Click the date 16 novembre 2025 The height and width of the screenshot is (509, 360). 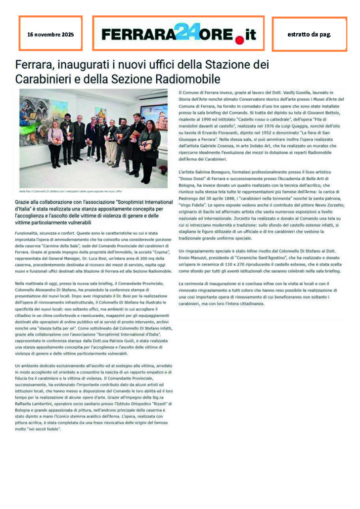[50, 35]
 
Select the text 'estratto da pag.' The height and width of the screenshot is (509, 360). [309, 34]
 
